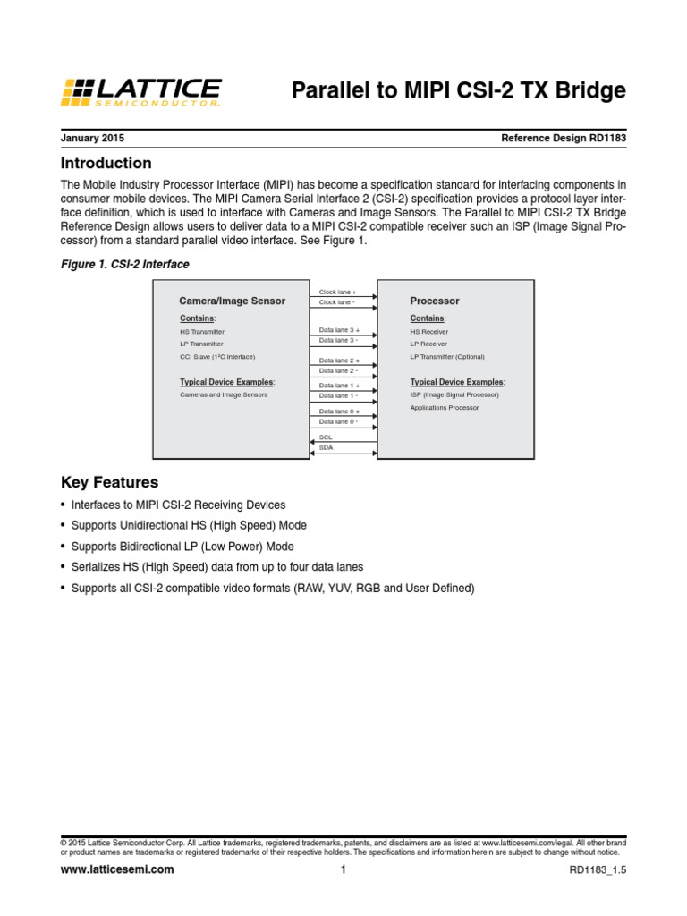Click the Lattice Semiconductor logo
tap(141, 91)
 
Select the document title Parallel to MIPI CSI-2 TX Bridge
tap(459, 91)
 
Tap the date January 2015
tap(92, 139)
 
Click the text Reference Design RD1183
tap(564, 139)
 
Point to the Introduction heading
tap(106, 164)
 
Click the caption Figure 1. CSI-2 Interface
tap(124, 265)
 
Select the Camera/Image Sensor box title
tap(233, 301)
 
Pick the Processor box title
tap(435, 301)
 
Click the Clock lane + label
tap(338, 293)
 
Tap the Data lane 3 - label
tap(338, 341)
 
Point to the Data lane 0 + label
tap(338, 411)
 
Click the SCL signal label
tap(326, 437)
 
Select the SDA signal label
tap(326, 447)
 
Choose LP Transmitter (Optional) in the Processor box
tap(447, 357)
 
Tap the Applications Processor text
tap(445, 408)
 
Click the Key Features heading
tap(109, 482)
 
